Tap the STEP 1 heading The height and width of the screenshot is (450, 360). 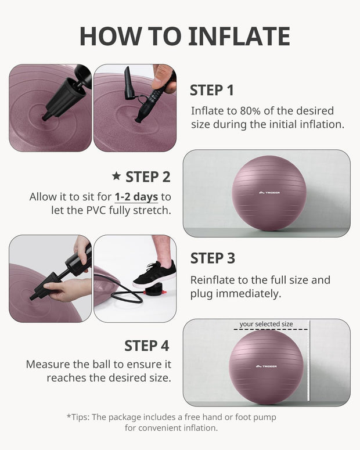(x=211, y=90)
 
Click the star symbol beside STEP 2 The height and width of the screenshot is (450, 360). (x=116, y=176)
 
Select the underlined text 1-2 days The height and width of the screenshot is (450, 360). (x=136, y=197)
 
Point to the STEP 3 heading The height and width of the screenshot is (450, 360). (x=213, y=258)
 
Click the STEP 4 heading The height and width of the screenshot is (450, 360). (x=146, y=345)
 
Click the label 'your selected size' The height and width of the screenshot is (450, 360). (x=266, y=324)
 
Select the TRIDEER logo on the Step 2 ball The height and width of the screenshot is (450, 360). (x=268, y=193)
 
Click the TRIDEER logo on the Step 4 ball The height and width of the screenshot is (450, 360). (x=266, y=366)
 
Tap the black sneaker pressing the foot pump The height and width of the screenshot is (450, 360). (x=153, y=275)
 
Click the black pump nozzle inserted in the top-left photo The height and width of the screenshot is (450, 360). (x=63, y=99)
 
